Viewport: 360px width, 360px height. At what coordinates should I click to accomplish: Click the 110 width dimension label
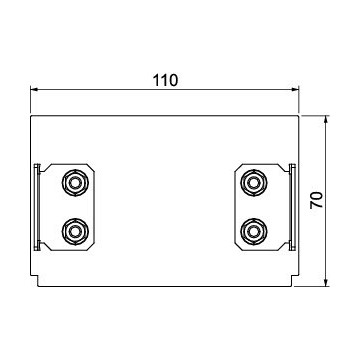[165, 80]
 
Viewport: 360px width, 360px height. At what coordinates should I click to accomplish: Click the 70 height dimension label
[317, 200]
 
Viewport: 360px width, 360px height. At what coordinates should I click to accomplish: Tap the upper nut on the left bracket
[75, 183]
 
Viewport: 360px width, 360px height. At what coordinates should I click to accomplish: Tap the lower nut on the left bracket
[75, 231]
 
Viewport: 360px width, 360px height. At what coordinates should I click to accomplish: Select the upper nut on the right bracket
[254, 183]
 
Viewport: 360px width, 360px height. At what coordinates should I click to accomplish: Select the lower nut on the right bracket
[254, 231]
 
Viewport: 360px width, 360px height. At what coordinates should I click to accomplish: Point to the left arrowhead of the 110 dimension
[34, 89]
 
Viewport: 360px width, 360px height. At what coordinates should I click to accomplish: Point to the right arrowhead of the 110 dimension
[295, 89]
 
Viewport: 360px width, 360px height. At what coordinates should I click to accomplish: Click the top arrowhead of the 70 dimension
[326, 119]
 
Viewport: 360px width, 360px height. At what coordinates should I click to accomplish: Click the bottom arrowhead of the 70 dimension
[326, 282]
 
